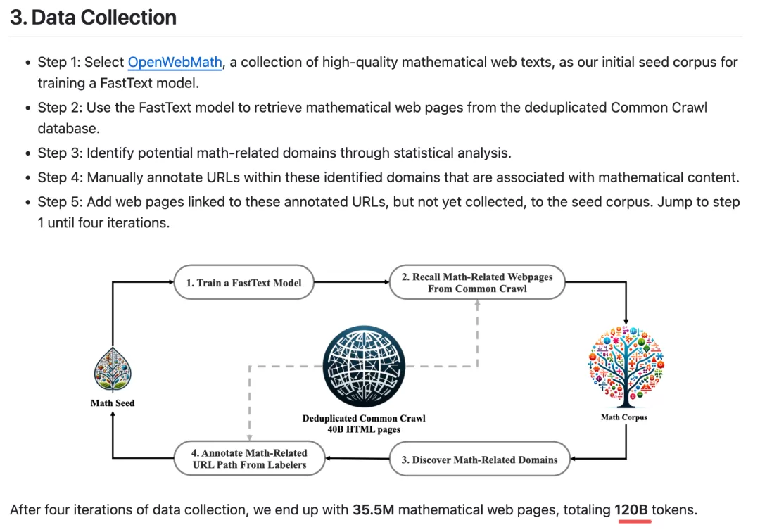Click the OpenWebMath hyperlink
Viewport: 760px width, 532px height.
click(175, 62)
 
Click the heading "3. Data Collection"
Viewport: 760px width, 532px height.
click(93, 18)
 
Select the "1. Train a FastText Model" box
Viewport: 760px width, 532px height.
click(243, 282)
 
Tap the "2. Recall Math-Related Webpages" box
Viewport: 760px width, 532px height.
click(477, 282)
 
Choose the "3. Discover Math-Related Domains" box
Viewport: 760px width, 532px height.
click(479, 459)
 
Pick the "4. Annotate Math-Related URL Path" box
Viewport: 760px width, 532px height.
click(249, 458)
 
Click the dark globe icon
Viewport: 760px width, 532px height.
click(364, 367)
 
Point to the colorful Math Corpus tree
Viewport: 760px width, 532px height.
click(626, 367)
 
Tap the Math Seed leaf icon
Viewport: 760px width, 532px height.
click(113, 369)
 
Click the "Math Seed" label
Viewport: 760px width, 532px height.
click(113, 403)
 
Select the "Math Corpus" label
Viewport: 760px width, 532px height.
click(624, 417)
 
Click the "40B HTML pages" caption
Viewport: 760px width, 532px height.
click(364, 429)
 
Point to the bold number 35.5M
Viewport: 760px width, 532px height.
click(373, 509)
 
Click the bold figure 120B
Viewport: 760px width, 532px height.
click(631, 509)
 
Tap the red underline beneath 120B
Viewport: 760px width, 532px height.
click(635, 521)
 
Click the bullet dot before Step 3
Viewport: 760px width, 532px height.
click(28, 153)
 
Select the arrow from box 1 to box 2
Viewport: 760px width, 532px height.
click(351, 282)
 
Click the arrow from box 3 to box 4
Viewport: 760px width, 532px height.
click(357, 458)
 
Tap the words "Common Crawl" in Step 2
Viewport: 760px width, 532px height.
click(659, 108)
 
